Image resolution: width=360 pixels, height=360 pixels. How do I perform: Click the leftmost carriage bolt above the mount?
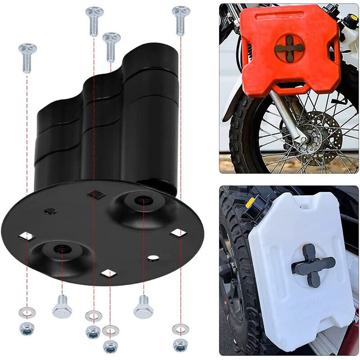27,57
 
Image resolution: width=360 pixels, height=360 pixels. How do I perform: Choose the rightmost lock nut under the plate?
180,344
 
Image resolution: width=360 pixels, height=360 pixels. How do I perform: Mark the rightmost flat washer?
181,327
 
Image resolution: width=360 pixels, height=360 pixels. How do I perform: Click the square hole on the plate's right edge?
178,232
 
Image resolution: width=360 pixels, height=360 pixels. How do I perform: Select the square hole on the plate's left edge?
26,236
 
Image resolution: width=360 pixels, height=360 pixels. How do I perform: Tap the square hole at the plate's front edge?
108,273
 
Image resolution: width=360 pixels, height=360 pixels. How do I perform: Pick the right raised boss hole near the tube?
142,200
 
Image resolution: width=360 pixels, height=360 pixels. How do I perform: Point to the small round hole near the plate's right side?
153,257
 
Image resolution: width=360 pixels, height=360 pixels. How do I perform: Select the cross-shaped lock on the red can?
289,48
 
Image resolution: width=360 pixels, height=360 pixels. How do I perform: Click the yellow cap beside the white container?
250,203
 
